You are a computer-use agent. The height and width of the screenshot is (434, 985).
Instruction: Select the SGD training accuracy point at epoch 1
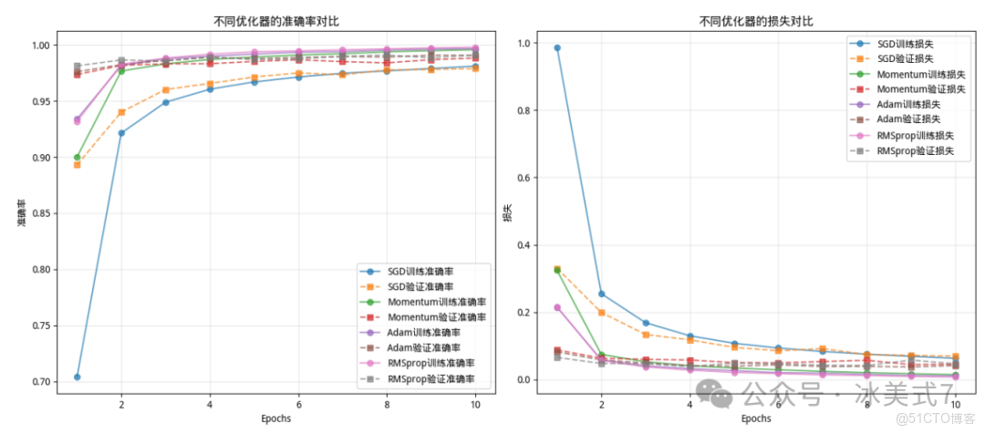pos(78,377)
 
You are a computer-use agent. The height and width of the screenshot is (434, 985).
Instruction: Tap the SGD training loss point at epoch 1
pos(557,47)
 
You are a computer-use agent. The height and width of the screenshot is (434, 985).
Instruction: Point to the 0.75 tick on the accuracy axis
pos(42,325)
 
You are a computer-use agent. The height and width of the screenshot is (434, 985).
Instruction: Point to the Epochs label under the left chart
pos(275,418)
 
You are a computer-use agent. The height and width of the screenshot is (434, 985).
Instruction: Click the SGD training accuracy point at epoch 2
pos(121,132)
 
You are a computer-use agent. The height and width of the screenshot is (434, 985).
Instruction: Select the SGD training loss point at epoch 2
pos(601,294)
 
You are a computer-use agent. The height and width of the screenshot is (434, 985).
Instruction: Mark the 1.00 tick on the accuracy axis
pos(42,45)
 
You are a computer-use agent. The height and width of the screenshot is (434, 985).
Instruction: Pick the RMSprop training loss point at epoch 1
pos(557,307)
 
